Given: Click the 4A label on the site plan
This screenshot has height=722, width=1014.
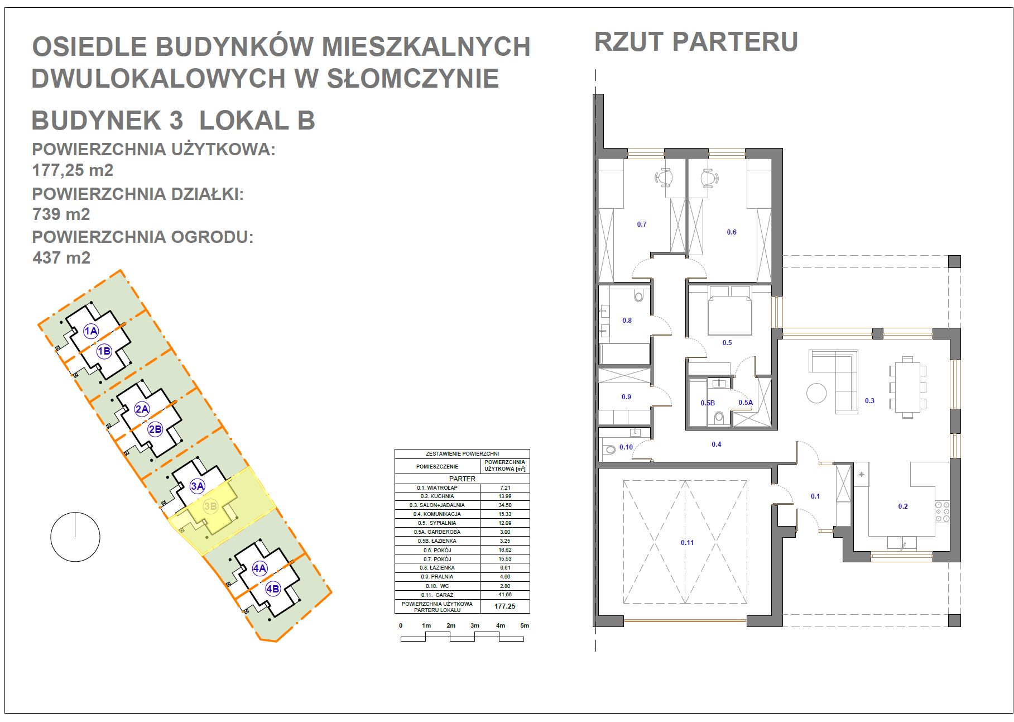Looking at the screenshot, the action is (x=259, y=568).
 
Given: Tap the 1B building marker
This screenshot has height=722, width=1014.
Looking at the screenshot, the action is (x=104, y=351).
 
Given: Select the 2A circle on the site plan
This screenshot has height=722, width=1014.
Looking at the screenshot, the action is (x=142, y=409).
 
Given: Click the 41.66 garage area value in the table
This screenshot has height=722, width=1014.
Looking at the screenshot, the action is (x=504, y=595).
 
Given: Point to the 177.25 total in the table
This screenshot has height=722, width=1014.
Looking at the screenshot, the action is (x=504, y=606).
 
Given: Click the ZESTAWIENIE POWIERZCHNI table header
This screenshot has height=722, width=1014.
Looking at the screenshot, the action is (x=462, y=454).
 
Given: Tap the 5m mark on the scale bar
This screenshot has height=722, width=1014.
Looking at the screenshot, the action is (x=524, y=625).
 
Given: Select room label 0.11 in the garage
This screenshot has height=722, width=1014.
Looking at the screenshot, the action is (x=687, y=542).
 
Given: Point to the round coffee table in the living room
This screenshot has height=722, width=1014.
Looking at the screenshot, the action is (x=816, y=393).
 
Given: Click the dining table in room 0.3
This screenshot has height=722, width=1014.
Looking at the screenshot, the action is (x=907, y=387).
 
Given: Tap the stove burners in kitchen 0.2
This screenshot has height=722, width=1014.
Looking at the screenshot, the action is (x=943, y=511).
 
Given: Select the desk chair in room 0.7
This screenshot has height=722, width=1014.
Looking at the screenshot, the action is (x=664, y=177).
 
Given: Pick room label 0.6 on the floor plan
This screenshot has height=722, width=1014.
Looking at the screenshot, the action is (x=731, y=232).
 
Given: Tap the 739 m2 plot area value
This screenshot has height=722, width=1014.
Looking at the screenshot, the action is (x=61, y=214).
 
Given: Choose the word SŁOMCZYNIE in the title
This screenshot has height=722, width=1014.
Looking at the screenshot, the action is (x=412, y=78).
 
